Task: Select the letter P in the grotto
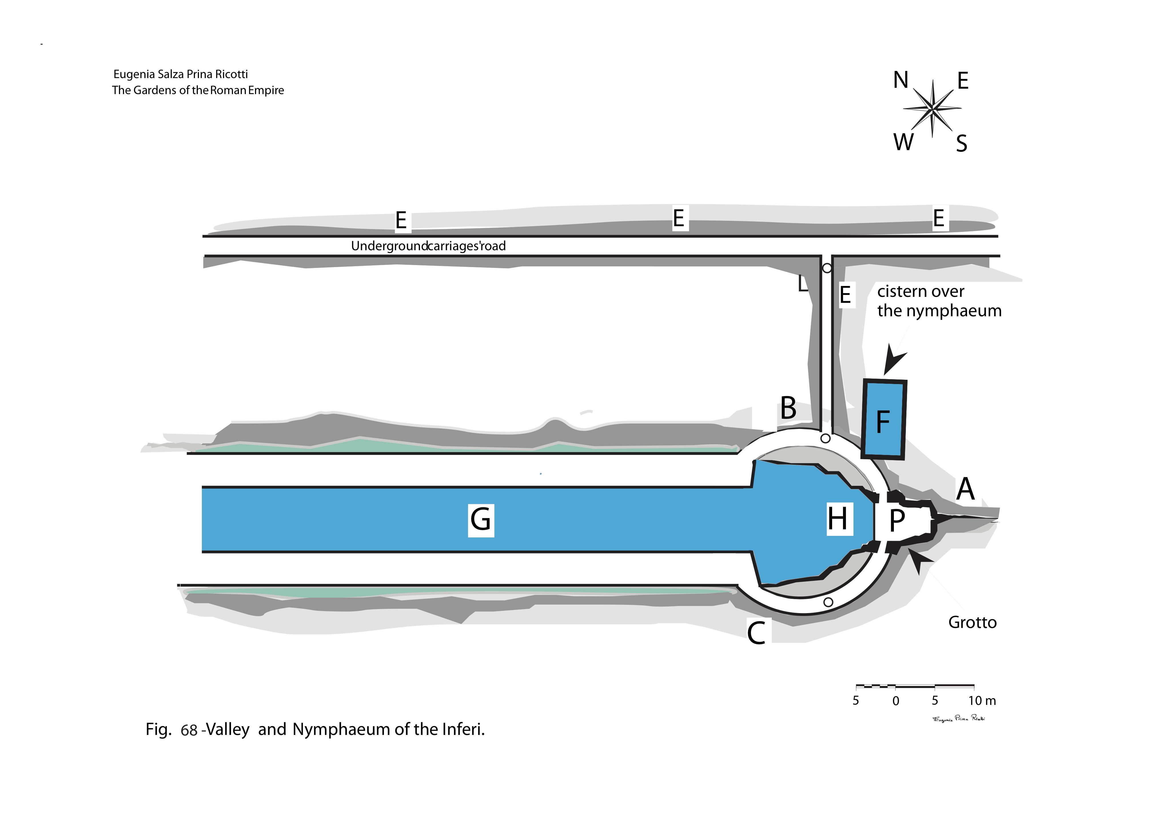point(897,520)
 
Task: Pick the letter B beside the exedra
point(788,408)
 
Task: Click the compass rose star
point(932,109)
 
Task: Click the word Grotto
point(972,623)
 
